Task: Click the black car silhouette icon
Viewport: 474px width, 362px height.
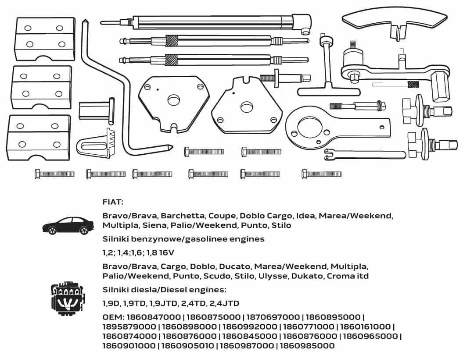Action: pos(68,225)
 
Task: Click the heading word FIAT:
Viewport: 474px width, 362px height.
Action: pos(113,202)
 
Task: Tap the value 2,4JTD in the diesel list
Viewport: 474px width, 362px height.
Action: pos(224,303)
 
